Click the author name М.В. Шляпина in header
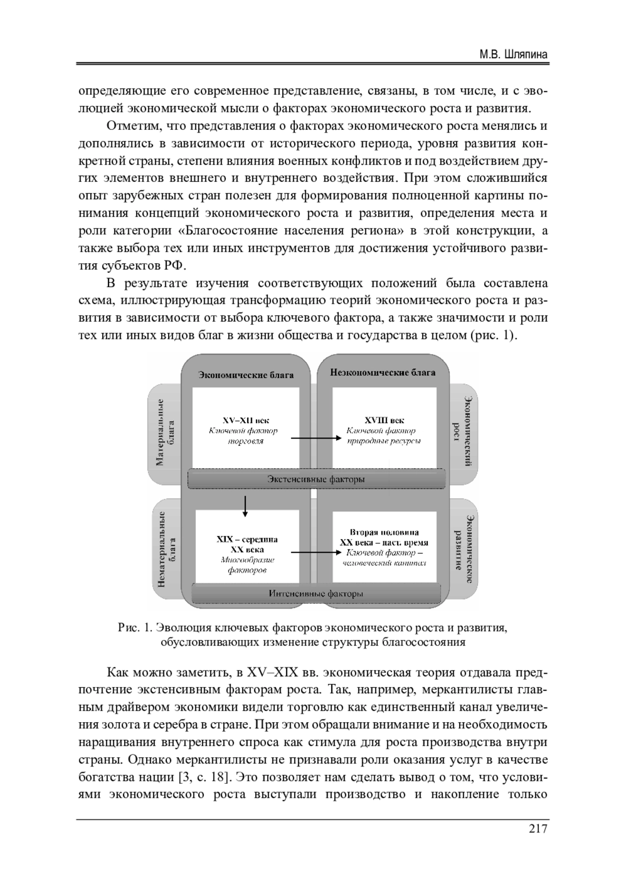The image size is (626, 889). [513, 55]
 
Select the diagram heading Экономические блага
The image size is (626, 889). [246, 375]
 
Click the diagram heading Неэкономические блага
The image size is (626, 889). [382, 372]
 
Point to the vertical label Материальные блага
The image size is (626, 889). [165, 432]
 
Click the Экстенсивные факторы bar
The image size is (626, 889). [316, 479]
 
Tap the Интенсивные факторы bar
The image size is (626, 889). [316, 593]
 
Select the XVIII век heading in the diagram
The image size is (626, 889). [384, 420]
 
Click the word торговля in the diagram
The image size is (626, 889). [245, 441]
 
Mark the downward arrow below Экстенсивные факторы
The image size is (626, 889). [245, 506]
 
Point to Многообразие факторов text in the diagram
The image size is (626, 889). [247, 565]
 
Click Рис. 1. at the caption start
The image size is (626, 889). [135, 628]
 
